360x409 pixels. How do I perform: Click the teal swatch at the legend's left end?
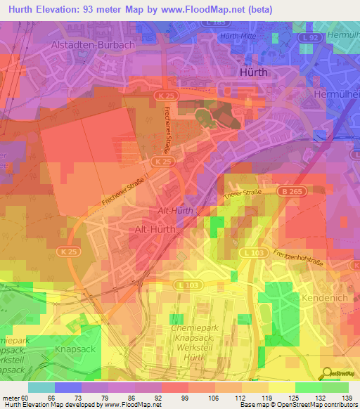(x=41, y=387)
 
